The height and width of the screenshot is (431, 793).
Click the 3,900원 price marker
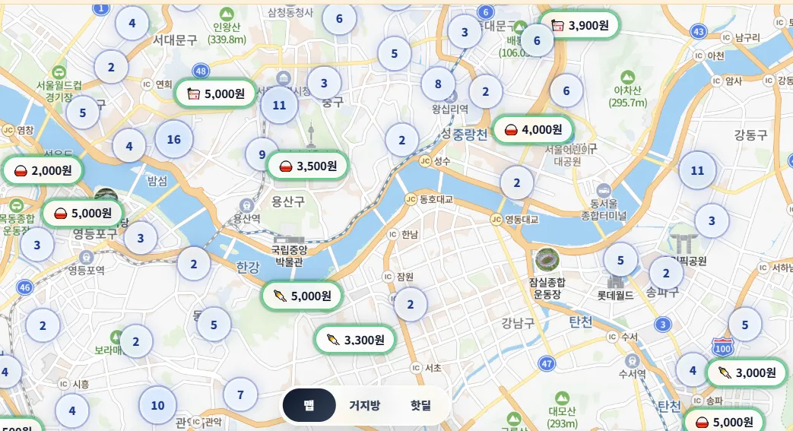(x=580, y=25)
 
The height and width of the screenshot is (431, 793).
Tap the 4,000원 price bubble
(x=533, y=130)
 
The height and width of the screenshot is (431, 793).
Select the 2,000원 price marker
(x=43, y=170)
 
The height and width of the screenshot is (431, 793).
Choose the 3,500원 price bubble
(x=307, y=166)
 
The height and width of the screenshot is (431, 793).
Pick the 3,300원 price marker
(x=355, y=340)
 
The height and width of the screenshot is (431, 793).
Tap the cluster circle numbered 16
(x=173, y=139)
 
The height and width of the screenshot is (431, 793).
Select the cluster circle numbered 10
(x=157, y=405)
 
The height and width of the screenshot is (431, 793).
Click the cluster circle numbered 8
(x=438, y=84)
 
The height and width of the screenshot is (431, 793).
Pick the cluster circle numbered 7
(x=240, y=395)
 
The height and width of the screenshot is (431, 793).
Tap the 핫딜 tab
(x=420, y=405)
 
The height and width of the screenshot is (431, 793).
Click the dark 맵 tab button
(x=309, y=405)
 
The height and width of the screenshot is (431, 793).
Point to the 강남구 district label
(x=518, y=323)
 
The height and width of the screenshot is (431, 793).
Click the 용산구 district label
(x=288, y=201)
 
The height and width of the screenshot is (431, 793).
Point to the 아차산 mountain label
(x=628, y=90)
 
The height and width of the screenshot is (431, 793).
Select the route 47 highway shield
(x=547, y=364)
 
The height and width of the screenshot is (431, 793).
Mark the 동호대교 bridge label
(x=436, y=199)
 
